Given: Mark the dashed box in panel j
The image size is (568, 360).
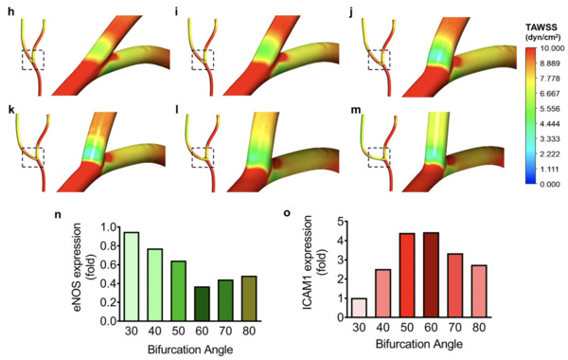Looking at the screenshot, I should click(380, 61).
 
